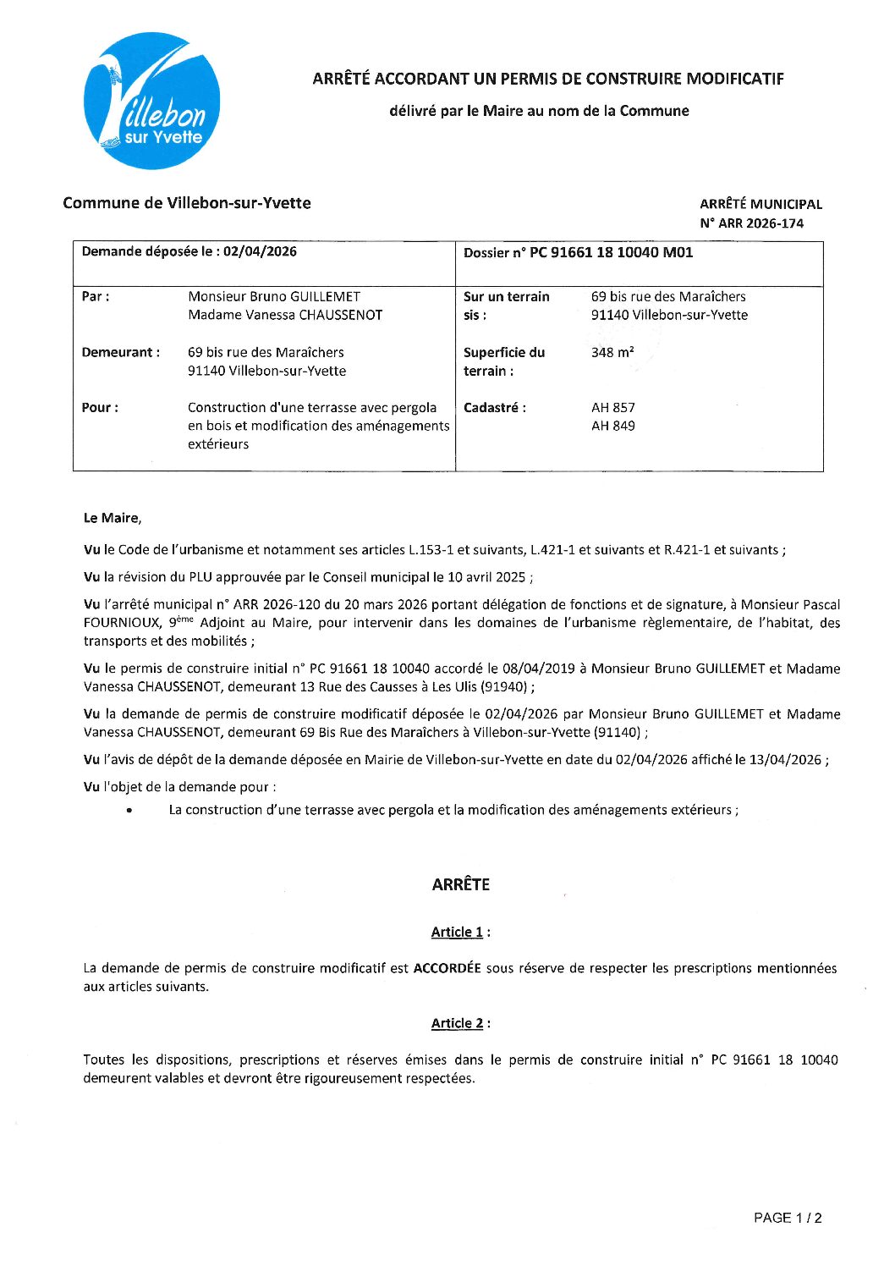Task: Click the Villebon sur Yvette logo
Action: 152,101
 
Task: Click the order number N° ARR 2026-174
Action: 751,223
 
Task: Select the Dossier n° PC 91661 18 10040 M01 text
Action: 578,252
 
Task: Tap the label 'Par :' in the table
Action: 96,297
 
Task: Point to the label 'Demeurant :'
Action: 120,353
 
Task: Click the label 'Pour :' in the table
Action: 100,408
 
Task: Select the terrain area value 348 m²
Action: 612,353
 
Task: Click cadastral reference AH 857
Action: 612,408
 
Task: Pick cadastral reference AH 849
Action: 612,427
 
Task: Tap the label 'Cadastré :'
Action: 494,408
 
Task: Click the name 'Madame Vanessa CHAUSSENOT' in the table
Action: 285,316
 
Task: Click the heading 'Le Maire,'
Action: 113,518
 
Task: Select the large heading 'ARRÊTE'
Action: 460,884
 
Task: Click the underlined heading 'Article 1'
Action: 457,933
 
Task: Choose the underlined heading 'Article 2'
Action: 457,1023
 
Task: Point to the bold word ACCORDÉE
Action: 447,968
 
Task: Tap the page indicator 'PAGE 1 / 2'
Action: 787,1218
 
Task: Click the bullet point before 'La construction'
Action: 129,811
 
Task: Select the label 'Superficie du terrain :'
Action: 504,362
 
